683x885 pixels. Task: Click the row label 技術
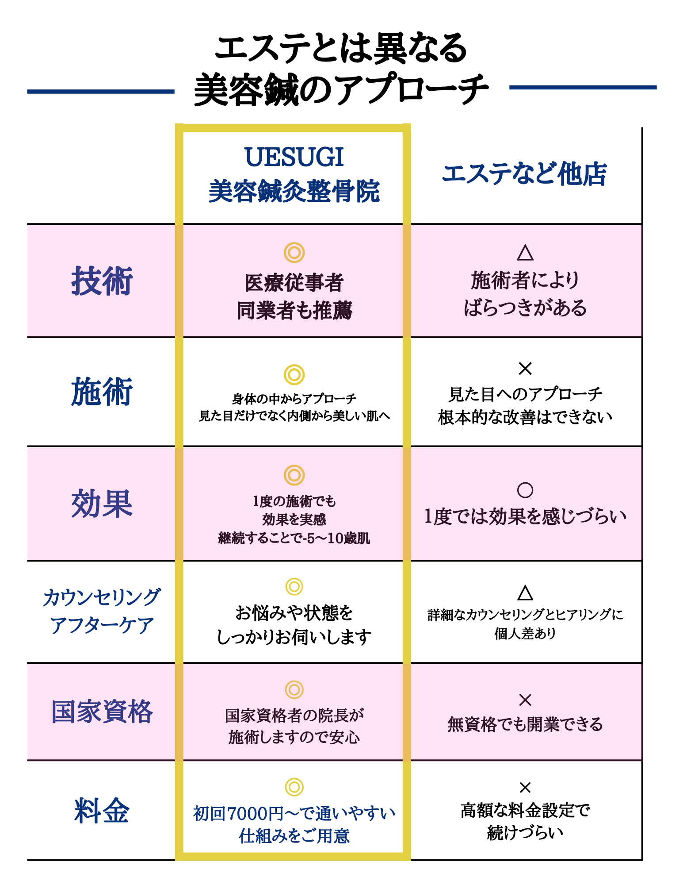(x=102, y=281)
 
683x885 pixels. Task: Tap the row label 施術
(x=102, y=392)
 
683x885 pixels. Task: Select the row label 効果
(x=102, y=504)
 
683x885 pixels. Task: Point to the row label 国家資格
(x=102, y=712)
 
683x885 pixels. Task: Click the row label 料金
(x=102, y=811)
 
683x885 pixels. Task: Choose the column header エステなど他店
(x=525, y=173)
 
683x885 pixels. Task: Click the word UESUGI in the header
(x=294, y=157)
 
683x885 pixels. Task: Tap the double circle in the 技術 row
(x=294, y=253)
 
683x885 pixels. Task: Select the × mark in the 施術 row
(x=525, y=368)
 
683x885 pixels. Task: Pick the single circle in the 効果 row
(x=525, y=490)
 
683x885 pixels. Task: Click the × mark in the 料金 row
(x=525, y=787)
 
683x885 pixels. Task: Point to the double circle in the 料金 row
(x=294, y=787)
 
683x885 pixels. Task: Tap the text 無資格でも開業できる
(x=525, y=724)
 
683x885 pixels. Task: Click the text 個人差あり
(x=525, y=634)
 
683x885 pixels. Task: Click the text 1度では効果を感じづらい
(x=525, y=516)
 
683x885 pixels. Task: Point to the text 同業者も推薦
(x=294, y=310)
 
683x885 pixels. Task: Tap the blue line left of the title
(x=101, y=92)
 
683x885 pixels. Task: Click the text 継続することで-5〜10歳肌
(x=294, y=538)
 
